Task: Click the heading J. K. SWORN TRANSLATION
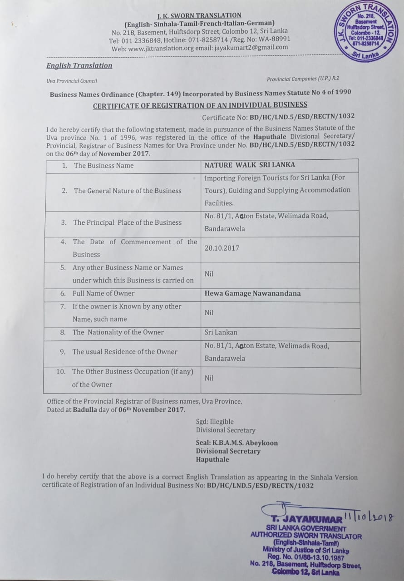[199, 15]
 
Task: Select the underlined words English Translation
[79, 65]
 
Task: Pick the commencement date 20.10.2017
[222, 248]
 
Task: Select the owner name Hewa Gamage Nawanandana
[252, 293]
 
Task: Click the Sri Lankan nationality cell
[221, 332]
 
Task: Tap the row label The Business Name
[103, 165]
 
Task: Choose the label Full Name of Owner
[103, 293]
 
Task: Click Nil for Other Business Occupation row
[209, 378]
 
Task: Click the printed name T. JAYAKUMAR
[307, 519]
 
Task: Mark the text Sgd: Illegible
[215, 422]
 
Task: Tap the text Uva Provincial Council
[72, 81]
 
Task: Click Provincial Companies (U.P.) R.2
[303, 79]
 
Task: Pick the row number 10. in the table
[61, 371]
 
